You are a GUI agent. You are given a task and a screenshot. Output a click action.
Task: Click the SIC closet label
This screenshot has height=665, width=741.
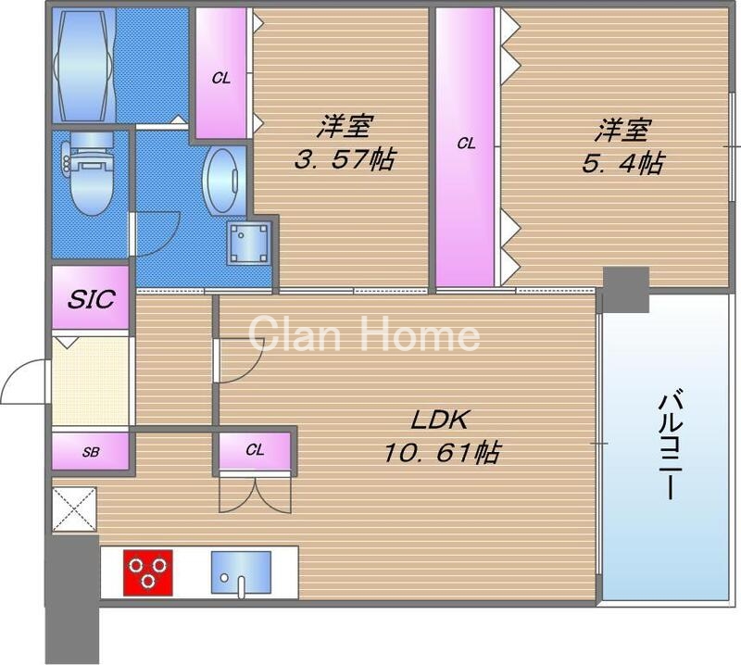91,298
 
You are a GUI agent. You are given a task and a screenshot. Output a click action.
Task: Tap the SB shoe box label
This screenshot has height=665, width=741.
91,453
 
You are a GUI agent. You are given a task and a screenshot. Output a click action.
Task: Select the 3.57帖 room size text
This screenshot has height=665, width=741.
345,159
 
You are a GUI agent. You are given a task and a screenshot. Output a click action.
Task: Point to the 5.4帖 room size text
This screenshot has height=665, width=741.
622,163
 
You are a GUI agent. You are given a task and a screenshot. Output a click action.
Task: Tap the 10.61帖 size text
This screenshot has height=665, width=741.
442,453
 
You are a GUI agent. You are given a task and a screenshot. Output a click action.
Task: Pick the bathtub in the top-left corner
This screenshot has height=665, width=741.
85,65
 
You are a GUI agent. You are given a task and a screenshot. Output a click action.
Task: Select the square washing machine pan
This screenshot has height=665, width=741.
249,244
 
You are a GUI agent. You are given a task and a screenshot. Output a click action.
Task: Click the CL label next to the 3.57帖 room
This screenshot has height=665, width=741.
220,79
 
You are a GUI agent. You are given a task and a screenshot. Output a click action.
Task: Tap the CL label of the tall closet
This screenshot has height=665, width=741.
466,144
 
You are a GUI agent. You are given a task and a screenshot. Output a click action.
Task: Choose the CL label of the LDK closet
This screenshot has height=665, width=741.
256,451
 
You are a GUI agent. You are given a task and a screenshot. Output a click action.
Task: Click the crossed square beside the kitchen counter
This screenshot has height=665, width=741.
74,510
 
